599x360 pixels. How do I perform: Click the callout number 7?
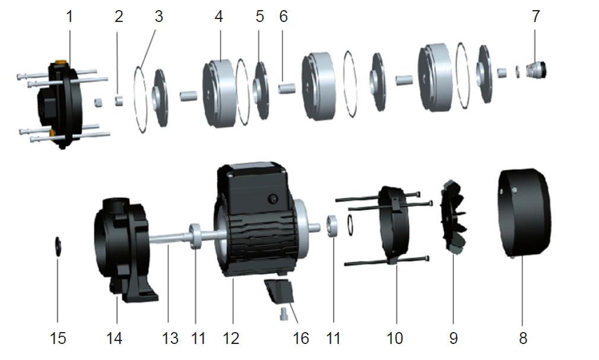pyautogui.click(x=535, y=17)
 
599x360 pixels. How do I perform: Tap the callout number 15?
pyautogui.click(x=58, y=338)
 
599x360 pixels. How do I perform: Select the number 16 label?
pyautogui.click(x=301, y=338)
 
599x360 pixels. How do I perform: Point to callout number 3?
pyautogui.click(x=159, y=17)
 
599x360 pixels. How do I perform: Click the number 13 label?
pyautogui.click(x=170, y=338)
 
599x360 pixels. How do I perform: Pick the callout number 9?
pyautogui.click(x=454, y=338)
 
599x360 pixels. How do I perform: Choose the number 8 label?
pyautogui.click(x=523, y=338)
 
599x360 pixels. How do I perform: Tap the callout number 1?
pyautogui.click(x=69, y=17)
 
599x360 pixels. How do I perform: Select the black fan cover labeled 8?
pyautogui.click(x=524, y=213)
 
